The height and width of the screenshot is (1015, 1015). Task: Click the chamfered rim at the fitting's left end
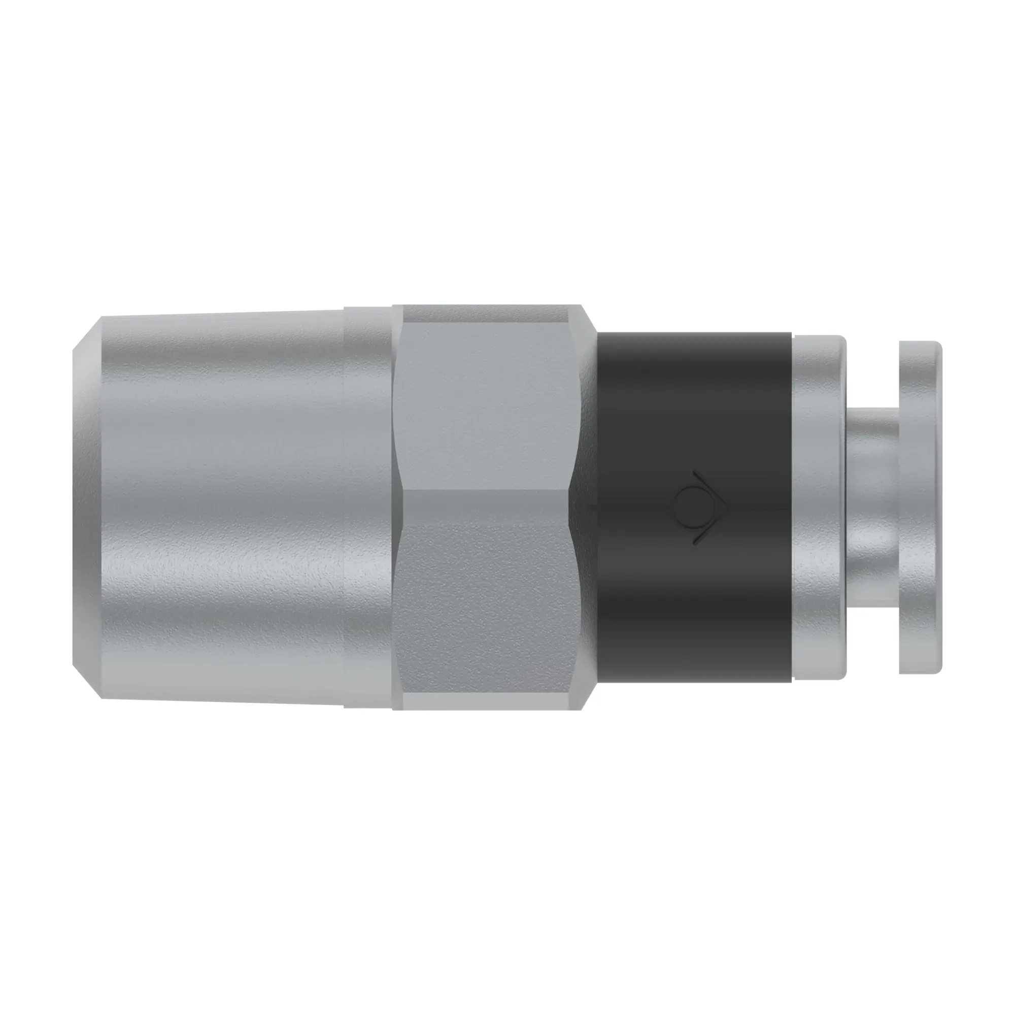[87, 507]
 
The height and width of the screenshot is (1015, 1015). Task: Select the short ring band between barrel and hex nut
[368, 507]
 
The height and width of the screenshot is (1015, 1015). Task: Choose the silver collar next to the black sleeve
[820, 507]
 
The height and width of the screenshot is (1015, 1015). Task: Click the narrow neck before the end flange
[872, 507]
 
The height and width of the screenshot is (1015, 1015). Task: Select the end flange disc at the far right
[920, 507]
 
